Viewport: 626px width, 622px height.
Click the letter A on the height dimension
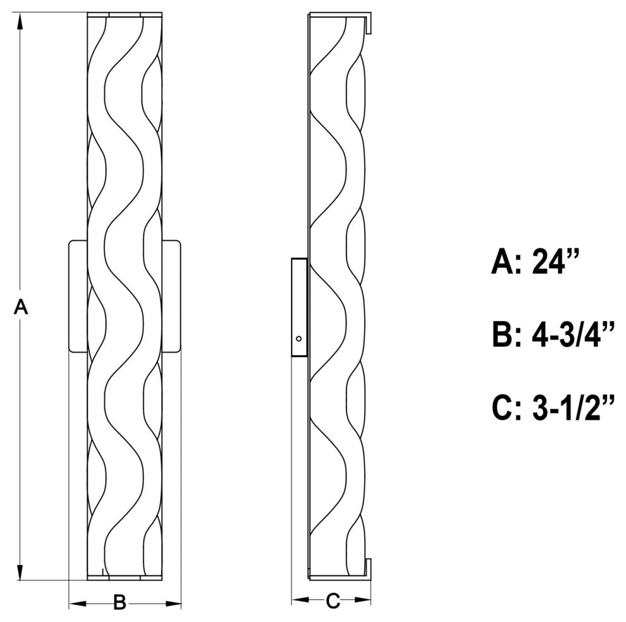(21, 307)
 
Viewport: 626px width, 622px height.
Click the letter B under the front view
(120, 602)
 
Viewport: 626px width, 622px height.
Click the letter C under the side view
(333, 601)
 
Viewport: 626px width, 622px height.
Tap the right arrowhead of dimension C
(362, 600)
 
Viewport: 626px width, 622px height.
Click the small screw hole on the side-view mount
(298, 339)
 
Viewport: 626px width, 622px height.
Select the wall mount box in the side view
(300, 307)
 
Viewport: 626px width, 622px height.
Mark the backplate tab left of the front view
(78, 296)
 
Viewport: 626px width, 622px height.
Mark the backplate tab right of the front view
(171, 296)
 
